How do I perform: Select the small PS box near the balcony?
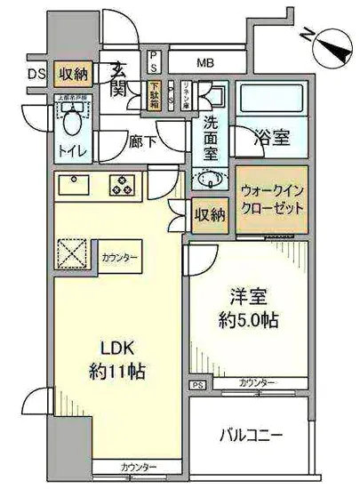tap(196, 385)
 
